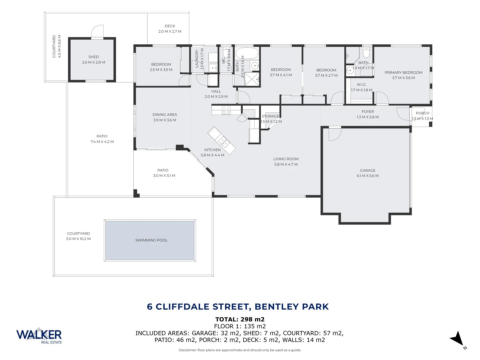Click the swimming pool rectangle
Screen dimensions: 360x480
(150, 240)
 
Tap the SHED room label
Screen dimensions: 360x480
(93, 57)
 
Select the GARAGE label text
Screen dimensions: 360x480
(367, 170)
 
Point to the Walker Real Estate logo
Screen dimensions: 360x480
(39, 335)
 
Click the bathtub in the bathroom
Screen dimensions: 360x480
(247, 53)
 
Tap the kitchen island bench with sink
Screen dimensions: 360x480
(221, 140)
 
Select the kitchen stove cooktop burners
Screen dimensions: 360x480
(226, 110)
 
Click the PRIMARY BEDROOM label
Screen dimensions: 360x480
(403, 72)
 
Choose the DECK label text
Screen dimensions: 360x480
(170, 26)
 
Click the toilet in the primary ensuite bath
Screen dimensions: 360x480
(366, 53)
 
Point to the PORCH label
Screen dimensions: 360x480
(422, 113)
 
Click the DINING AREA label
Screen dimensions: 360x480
(165, 115)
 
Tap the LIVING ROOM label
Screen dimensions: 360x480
(286, 159)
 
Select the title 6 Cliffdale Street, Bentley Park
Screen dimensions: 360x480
(238, 307)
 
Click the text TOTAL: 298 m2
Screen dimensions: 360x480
(240, 319)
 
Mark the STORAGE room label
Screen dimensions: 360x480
(270, 116)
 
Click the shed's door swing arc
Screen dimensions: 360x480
(97, 31)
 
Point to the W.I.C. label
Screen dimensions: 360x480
(361, 85)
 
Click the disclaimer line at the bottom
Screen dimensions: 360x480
(240, 350)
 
